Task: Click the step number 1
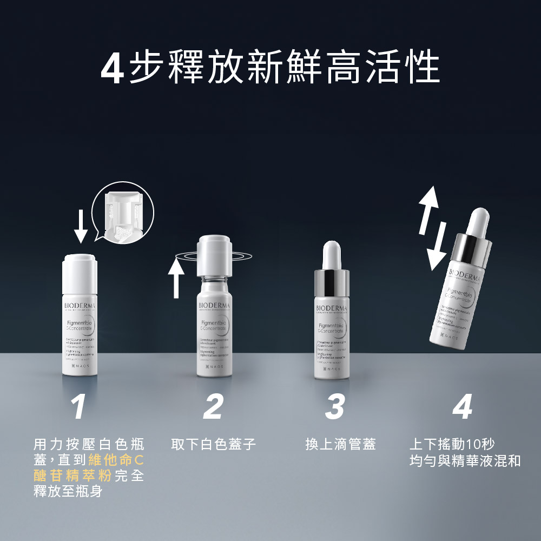(x=79, y=407)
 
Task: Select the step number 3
(x=335, y=407)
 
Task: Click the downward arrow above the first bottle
(x=81, y=226)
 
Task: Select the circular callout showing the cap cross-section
(x=123, y=212)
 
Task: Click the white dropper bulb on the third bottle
(x=332, y=254)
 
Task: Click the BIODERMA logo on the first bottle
(x=80, y=306)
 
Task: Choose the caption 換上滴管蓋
(x=340, y=445)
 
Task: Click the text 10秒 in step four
(x=480, y=445)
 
